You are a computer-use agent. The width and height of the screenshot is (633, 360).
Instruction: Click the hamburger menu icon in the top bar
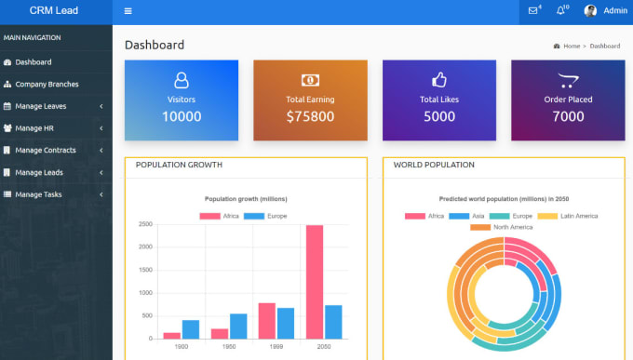pos(128,11)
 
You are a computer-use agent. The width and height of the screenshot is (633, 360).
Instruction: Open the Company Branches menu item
pos(47,84)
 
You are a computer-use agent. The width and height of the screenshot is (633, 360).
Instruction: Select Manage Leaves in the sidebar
pos(40,106)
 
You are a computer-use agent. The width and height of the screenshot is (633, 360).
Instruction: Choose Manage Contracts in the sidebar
pos(45,150)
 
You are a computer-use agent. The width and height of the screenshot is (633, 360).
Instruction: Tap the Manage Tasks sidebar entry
pos(38,194)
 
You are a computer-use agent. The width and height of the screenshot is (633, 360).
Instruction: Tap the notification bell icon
pos(560,11)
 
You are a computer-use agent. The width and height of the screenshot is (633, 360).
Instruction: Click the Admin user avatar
pos(590,11)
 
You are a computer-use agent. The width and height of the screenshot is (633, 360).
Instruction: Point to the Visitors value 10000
pos(182,116)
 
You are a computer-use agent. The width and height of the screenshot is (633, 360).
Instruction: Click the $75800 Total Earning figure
pos(310,116)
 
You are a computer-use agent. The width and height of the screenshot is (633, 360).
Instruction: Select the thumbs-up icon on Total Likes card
pos(439,80)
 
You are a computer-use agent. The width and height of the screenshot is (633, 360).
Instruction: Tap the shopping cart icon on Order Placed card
pos(567,80)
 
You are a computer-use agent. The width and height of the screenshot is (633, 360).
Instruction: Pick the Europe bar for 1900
pos(191,329)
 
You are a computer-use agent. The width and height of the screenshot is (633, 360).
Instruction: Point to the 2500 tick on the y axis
pos(145,225)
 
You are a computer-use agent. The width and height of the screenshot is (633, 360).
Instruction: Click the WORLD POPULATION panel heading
pos(434,165)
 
